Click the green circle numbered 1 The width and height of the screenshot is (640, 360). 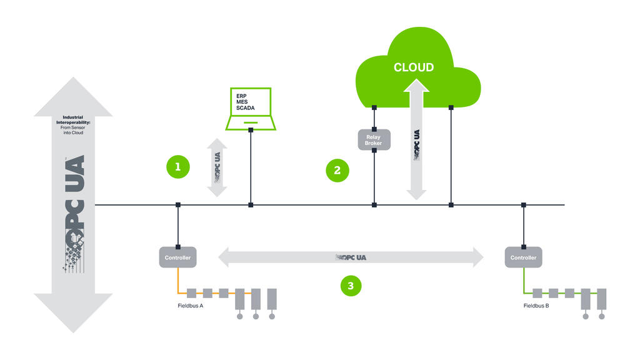tap(177, 167)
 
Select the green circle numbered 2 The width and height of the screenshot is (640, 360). tap(337, 169)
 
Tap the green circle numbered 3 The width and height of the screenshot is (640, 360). tap(351, 286)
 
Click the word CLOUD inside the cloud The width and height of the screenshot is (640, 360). tap(413, 67)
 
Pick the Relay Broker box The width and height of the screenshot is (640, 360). tap(374, 139)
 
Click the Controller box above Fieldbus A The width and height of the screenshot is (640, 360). tap(177, 257)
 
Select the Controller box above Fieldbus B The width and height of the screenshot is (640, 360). tap(523, 257)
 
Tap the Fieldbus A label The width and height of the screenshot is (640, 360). tap(190, 307)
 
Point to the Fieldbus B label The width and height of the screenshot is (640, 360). tap(536, 307)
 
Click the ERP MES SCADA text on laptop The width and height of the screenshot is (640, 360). tap(245, 102)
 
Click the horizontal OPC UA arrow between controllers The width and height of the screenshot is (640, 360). tap(351, 257)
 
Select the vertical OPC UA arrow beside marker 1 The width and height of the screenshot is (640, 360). tap(217, 167)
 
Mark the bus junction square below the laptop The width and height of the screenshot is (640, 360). tap(251, 204)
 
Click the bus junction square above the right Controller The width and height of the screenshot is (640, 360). tap(523, 204)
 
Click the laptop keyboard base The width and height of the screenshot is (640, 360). tap(250, 124)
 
